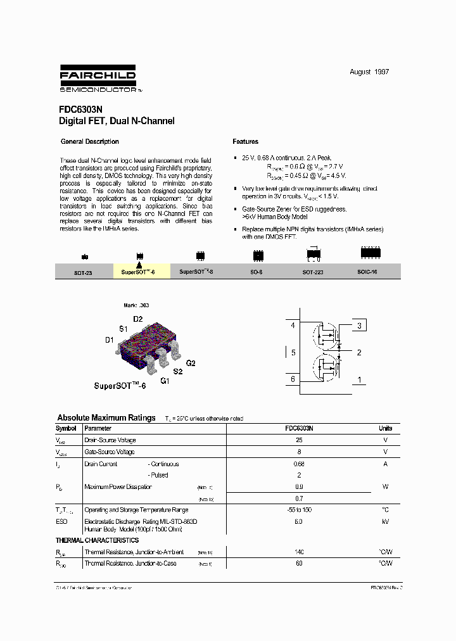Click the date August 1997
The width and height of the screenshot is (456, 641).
click(x=369, y=72)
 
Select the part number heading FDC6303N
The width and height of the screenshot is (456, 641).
click(x=77, y=109)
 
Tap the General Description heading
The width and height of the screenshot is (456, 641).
click(x=89, y=142)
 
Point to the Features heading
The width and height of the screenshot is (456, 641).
click(x=245, y=142)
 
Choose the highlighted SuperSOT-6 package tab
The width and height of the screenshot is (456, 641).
click(x=142, y=271)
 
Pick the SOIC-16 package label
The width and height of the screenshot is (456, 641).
click(x=370, y=271)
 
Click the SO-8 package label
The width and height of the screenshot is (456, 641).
click(x=256, y=271)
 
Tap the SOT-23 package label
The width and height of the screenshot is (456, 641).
click(x=83, y=272)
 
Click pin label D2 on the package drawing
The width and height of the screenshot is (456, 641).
click(x=137, y=319)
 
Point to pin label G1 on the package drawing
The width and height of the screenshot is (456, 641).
click(x=165, y=381)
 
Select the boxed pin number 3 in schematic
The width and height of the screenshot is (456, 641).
click(x=359, y=326)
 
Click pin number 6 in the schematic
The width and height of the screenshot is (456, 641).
click(x=293, y=379)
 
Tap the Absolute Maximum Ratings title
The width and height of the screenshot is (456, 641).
click(x=106, y=418)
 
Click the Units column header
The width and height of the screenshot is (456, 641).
click(x=385, y=429)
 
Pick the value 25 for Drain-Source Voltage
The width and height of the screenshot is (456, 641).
click(x=299, y=440)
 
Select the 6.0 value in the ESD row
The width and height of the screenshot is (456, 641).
click(x=299, y=521)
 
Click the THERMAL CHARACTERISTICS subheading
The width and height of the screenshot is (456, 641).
click(x=97, y=540)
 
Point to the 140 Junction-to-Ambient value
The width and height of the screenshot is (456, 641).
click(x=299, y=552)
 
